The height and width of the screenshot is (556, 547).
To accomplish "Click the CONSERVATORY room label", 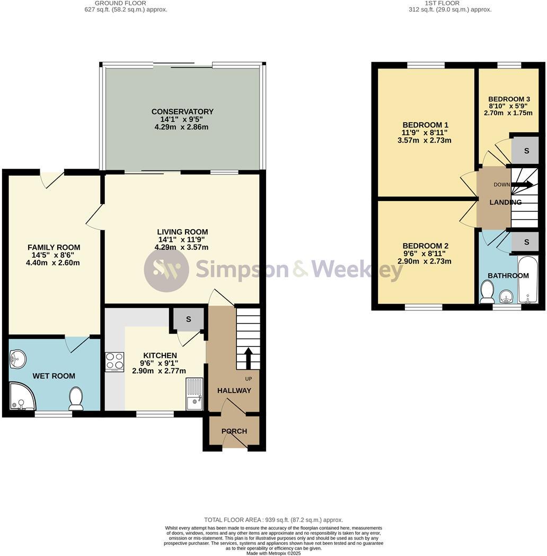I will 182,111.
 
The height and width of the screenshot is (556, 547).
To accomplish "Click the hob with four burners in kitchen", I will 114,362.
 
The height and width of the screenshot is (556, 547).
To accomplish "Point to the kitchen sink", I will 195,394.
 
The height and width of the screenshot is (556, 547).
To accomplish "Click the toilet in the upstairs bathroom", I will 487,292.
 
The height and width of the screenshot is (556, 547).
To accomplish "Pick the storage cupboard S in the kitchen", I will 188,319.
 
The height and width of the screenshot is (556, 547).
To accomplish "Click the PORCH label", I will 234,431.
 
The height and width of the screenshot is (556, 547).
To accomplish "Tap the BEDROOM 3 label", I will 509,99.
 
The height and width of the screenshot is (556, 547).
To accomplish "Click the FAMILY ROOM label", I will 54,247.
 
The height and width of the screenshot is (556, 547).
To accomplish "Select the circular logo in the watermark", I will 166,270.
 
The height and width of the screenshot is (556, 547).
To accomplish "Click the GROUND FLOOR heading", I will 126,3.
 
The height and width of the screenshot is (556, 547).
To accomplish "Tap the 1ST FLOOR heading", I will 449,3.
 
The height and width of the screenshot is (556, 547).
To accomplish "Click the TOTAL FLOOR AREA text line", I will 273,520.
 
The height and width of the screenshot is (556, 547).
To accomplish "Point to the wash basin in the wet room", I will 17,359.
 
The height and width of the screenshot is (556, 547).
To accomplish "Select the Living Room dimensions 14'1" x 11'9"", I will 182,240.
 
